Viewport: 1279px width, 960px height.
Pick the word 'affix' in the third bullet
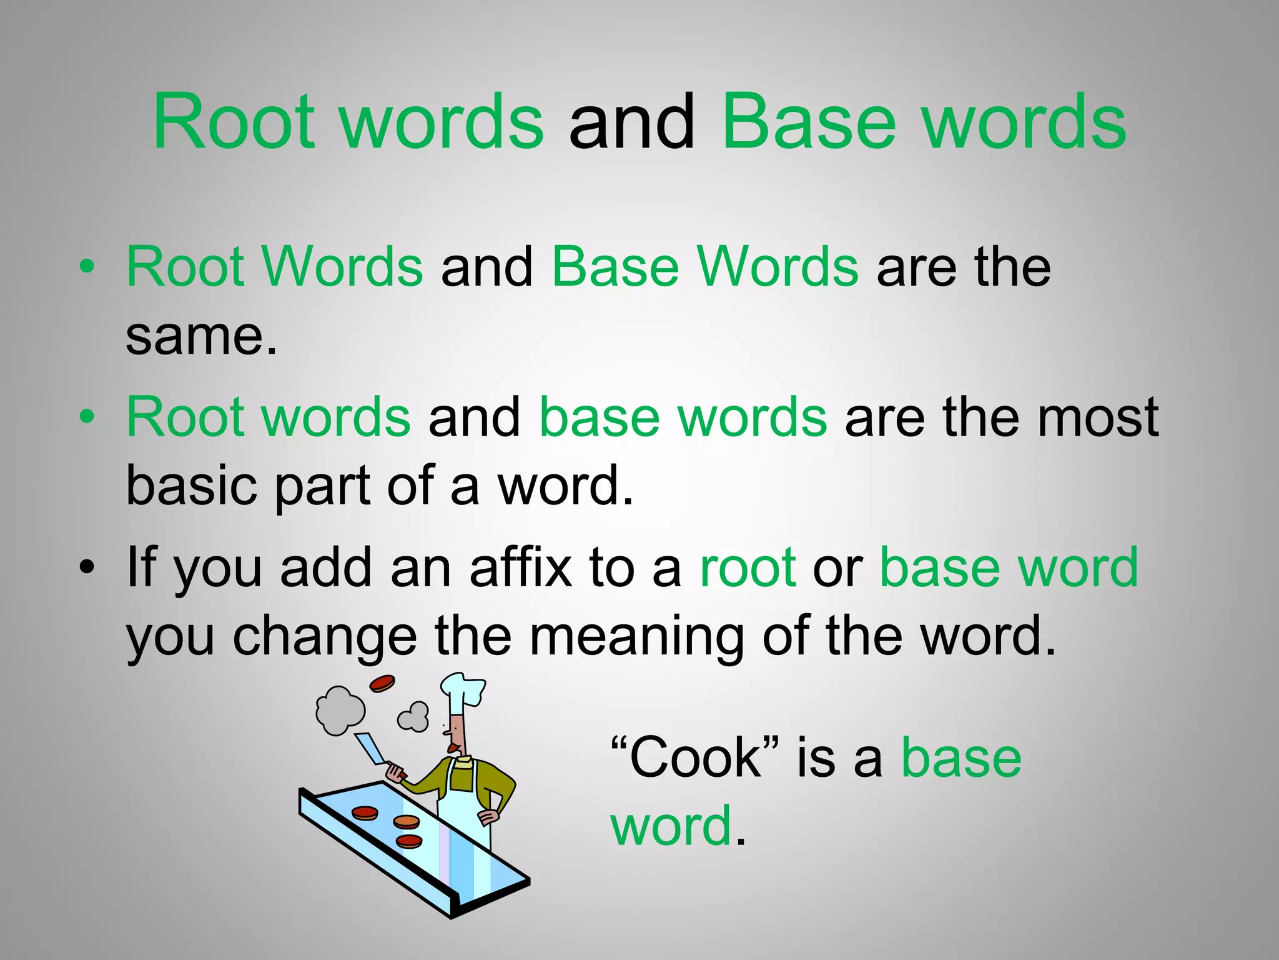tap(520, 567)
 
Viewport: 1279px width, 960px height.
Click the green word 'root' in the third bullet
tap(748, 567)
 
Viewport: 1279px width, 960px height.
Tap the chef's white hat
tap(462, 691)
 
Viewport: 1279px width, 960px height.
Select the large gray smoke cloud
tap(340, 710)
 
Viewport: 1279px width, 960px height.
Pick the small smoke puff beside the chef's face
tap(414, 716)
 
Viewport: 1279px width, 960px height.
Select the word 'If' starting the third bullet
tap(140, 567)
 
